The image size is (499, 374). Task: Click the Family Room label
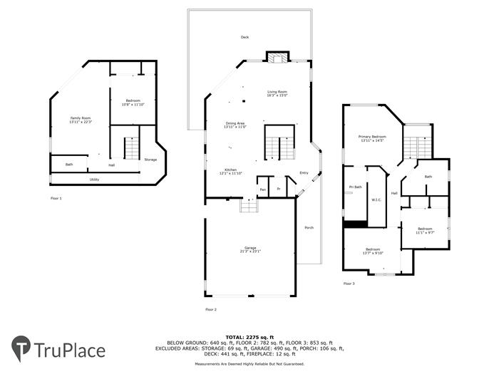(x=80, y=118)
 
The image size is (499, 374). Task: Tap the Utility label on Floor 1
(x=94, y=180)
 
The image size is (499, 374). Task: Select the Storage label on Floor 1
(x=150, y=160)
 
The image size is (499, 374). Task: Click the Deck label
(x=245, y=37)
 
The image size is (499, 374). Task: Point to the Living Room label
(x=277, y=92)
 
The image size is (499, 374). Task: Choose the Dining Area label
(x=235, y=124)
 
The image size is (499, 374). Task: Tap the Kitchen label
(x=230, y=170)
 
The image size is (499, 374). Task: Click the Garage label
(x=249, y=248)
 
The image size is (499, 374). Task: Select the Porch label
(x=309, y=227)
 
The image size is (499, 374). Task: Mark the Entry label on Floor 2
(x=304, y=172)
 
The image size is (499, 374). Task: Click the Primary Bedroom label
(x=372, y=136)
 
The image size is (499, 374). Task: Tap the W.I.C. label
(x=376, y=199)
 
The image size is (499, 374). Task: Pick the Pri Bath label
(x=355, y=187)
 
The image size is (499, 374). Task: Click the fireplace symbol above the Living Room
(x=276, y=58)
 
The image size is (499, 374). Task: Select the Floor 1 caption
(x=56, y=197)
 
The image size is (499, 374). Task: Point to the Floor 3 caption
(x=349, y=284)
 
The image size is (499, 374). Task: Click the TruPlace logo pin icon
(x=21, y=348)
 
